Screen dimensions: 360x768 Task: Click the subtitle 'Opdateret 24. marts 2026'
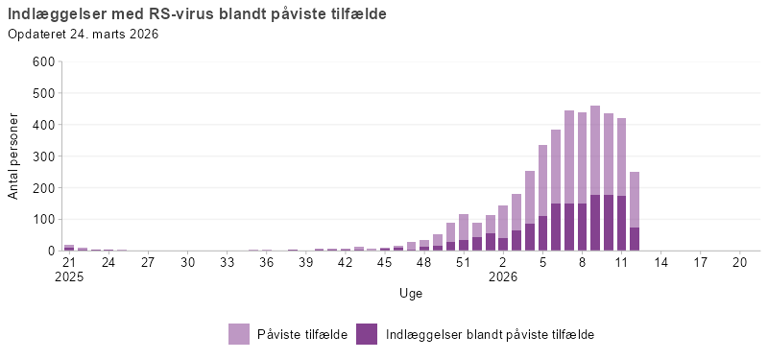83,35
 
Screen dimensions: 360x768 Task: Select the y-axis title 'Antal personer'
13,156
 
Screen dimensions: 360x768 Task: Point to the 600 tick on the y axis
43,61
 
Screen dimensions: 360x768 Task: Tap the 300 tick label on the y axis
43,156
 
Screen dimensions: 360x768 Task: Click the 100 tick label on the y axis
43,219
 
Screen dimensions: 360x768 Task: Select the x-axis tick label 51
463,261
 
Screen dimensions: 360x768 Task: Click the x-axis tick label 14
661,261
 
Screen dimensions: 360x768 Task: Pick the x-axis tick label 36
266,261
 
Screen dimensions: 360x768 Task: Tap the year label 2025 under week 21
69,276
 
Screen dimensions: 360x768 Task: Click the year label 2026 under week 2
502,276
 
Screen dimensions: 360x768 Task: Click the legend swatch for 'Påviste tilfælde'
239,334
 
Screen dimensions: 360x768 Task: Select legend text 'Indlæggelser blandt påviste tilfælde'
490,334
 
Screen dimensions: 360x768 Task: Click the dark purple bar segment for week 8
582,228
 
